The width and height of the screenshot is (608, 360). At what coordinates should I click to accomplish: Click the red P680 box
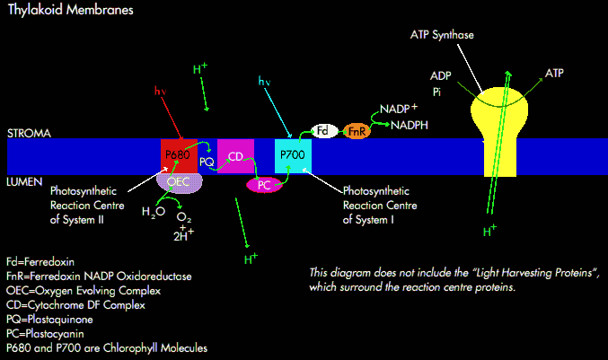[179, 155]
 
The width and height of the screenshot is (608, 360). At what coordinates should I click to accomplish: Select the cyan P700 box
[293, 155]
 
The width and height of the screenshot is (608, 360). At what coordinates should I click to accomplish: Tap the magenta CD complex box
[236, 157]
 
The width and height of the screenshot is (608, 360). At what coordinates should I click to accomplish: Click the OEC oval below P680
[179, 181]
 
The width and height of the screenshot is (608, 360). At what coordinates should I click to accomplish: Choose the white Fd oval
[324, 131]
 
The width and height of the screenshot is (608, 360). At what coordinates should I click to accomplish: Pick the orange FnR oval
[357, 131]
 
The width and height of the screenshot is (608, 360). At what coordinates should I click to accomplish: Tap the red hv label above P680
[161, 90]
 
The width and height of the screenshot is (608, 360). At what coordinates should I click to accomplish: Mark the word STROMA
[30, 133]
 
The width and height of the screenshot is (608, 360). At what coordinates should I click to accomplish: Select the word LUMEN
[27, 181]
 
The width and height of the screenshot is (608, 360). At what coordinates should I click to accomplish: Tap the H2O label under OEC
[154, 213]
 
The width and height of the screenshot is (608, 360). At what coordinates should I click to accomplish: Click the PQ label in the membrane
[206, 160]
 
